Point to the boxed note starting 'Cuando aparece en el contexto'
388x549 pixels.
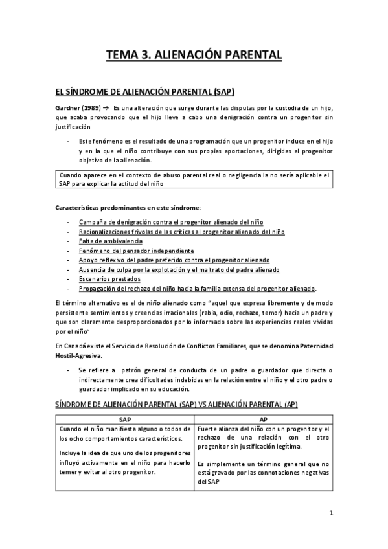point(194,179)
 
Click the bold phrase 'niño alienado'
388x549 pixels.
point(170,302)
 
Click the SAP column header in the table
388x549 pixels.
point(122,419)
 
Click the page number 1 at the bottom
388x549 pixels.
point(330,514)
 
